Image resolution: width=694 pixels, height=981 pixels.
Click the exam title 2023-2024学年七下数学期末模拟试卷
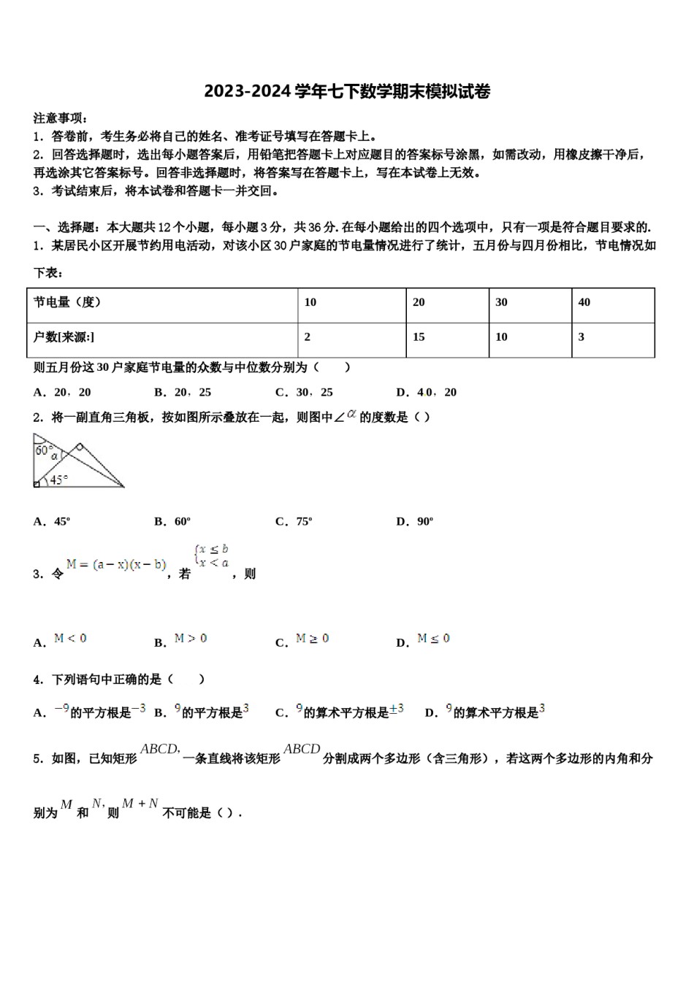347,91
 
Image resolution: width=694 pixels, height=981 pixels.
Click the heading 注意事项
61,118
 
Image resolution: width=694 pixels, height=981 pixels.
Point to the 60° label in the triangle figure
43,450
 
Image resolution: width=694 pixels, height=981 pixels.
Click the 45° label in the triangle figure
58,480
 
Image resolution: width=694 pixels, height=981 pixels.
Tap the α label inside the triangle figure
54,456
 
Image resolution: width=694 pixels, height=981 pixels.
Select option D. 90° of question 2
415,521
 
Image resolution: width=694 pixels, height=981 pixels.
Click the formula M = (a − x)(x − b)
116,564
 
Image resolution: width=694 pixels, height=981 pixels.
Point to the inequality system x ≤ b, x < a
210,556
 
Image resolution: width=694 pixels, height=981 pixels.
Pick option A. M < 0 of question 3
61,640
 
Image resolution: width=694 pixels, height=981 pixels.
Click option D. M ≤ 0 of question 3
424,640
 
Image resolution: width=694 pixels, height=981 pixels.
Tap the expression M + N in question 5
140,804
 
